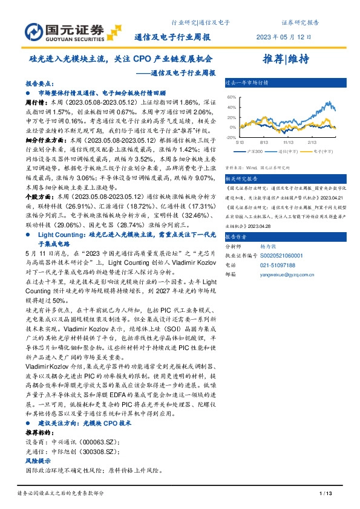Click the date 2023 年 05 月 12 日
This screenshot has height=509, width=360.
(299, 36)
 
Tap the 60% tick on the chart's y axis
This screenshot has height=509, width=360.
(232, 97)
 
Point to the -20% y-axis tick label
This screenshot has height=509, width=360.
(231, 137)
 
